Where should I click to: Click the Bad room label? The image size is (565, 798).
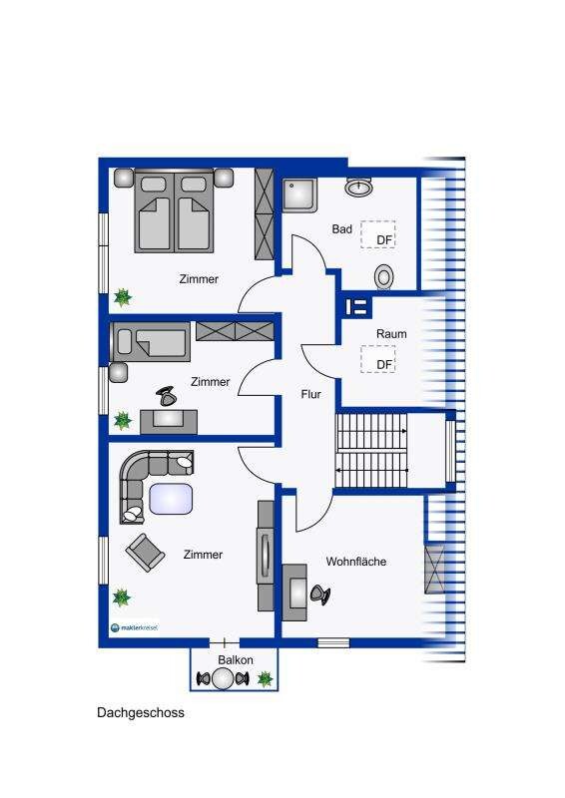pos(341,229)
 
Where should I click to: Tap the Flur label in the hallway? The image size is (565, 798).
pos(310,394)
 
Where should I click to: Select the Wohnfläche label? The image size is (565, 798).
pos(356,562)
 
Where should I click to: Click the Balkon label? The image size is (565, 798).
pos(236,660)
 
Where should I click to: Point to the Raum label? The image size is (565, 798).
pos(391,334)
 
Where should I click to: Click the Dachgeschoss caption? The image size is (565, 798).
pos(141,712)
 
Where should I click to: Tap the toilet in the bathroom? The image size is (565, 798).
pos(384,277)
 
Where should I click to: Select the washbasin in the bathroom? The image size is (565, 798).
pos(358,188)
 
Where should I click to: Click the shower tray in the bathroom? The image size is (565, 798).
pos(300,194)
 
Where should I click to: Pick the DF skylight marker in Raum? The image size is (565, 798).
pos(378,359)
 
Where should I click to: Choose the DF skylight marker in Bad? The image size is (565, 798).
pos(378,234)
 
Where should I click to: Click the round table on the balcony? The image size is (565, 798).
pos(223,678)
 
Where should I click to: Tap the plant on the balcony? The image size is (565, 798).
pos(265,679)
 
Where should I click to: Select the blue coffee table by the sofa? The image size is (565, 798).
pos(171,499)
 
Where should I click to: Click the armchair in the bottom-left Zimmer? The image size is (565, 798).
pos(145,553)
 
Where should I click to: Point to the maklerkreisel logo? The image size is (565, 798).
pos(135,627)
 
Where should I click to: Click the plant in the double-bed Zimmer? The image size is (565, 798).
pos(123,297)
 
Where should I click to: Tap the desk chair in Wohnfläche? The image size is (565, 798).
pos(320,594)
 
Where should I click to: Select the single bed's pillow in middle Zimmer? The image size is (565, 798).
pos(125,341)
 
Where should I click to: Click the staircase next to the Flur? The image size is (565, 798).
pos(371,451)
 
